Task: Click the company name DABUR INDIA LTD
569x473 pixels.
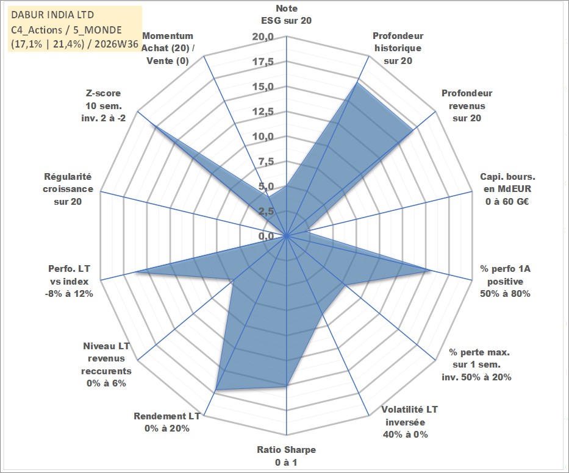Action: (x=52, y=15)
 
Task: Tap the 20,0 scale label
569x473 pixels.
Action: (x=263, y=37)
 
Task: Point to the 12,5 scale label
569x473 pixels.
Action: (x=263, y=112)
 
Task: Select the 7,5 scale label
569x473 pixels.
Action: (x=266, y=162)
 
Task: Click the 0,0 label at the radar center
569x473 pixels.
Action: (x=266, y=236)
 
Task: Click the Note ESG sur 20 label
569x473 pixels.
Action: (x=286, y=15)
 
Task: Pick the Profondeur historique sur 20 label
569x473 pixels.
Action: (x=398, y=48)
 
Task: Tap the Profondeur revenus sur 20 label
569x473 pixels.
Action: (x=467, y=105)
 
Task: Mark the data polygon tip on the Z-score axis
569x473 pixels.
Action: (x=153, y=125)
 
